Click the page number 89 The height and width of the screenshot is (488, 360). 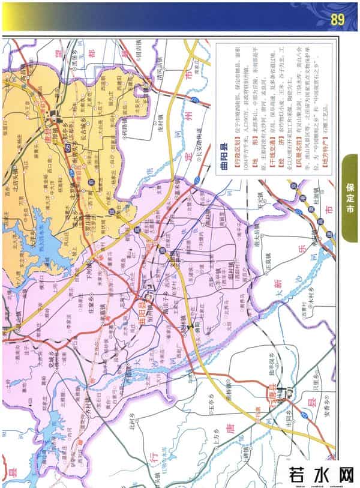(x=337, y=20)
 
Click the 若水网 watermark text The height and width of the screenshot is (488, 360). (x=321, y=474)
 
